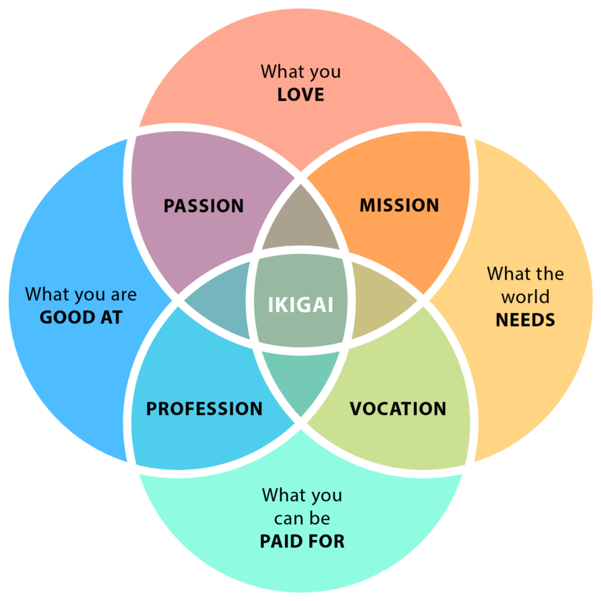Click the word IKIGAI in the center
pos(300,304)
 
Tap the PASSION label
pos(203,206)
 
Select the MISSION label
pos(399,205)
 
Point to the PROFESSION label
pos(204,408)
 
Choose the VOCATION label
pos(398,408)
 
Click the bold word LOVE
pos(300,95)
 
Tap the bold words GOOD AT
pos(81,317)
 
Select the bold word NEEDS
pos(525,320)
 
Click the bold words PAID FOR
pos(302,541)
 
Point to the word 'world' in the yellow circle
pos(525,296)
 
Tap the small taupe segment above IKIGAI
pos(300,222)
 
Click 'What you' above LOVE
pos(300,71)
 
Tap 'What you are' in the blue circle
pos(81,294)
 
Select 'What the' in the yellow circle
pos(525,274)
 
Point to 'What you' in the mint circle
pos(302,495)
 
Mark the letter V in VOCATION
pos(356,408)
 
